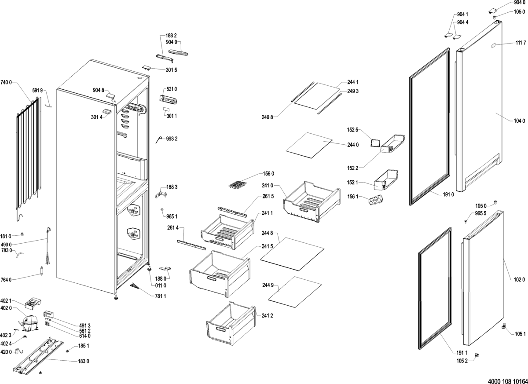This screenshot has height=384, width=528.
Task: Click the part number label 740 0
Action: coord(7,82)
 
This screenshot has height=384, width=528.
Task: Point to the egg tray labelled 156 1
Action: coord(374,201)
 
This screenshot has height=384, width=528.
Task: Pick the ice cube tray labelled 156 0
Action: coord(238,184)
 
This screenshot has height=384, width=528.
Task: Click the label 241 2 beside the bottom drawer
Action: coord(268,315)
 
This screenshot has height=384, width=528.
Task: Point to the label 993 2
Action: coord(172,139)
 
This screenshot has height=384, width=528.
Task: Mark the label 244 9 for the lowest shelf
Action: coord(268,286)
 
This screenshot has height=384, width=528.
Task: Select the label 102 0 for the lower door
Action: coord(519,279)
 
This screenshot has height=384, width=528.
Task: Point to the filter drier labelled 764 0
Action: coord(42,272)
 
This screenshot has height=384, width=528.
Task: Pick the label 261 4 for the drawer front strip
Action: coord(173,228)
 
